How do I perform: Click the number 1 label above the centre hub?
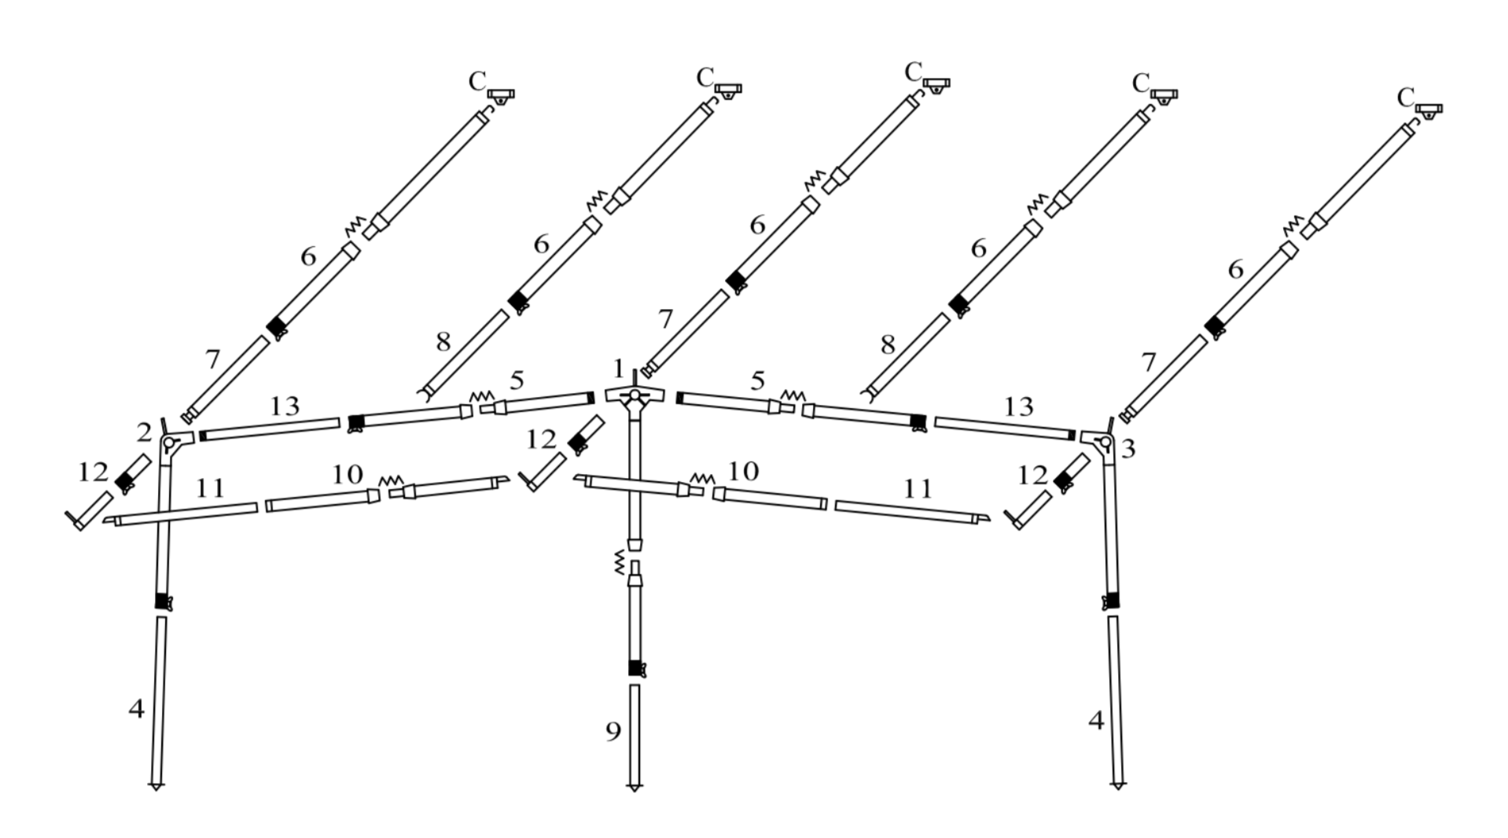coord(618,369)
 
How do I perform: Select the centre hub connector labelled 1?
coord(634,395)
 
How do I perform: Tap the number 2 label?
coord(143,432)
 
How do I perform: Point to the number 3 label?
coord(1128,449)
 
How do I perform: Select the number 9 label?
coord(613,731)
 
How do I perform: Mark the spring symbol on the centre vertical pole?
coord(619,563)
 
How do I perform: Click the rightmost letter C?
coord(1406,98)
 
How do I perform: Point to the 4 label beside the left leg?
coord(137,708)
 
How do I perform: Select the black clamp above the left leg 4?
coord(163,601)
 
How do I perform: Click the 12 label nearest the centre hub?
coord(541,439)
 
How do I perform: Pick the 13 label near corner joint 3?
coord(1018,406)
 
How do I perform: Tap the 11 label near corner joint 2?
coord(210,488)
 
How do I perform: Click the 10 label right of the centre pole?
coord(743,471)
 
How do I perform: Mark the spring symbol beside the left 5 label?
coord(480,396)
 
